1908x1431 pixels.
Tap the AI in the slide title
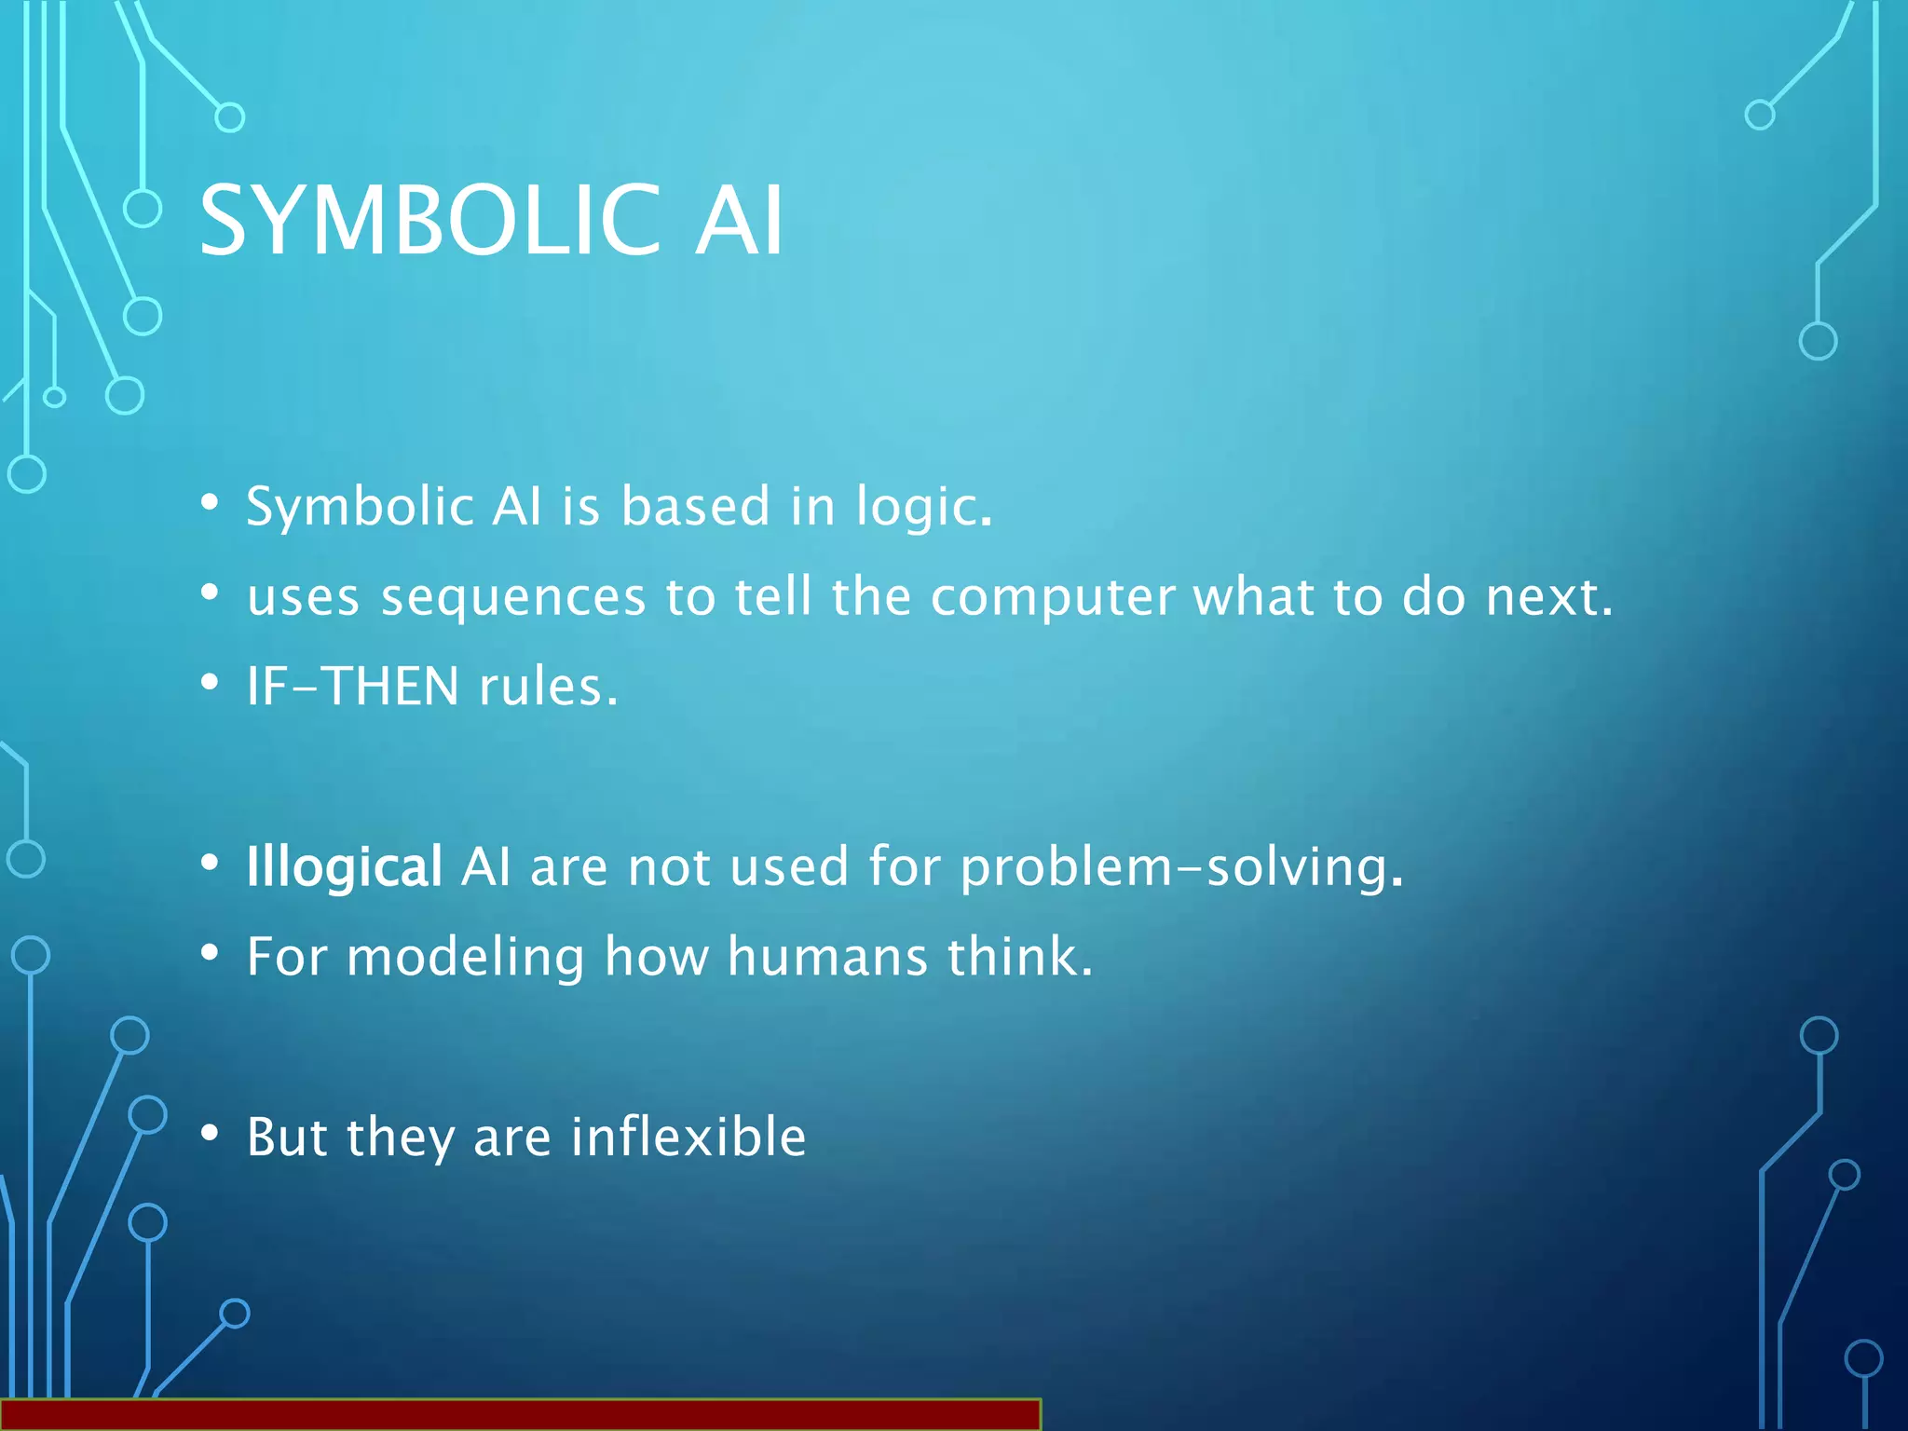click(739, 221)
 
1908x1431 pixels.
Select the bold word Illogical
click(344, 867)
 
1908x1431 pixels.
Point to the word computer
click(1052, 597)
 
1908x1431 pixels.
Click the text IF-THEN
click(352, 687)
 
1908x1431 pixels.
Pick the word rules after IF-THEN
click(548, 687)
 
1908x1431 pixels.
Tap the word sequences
click(513, 599)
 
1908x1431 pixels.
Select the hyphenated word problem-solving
click(1180, 867)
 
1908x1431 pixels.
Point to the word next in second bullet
click(1547, 597)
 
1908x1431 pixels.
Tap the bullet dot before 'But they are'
click(211, 1133)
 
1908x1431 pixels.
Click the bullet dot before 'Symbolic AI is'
click(211, 503)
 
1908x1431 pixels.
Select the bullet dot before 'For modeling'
click(211, 953)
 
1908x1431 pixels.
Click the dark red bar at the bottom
click(520, 1414)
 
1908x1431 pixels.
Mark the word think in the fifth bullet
click(1019, 957)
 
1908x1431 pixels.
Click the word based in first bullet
click(695, 507)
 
